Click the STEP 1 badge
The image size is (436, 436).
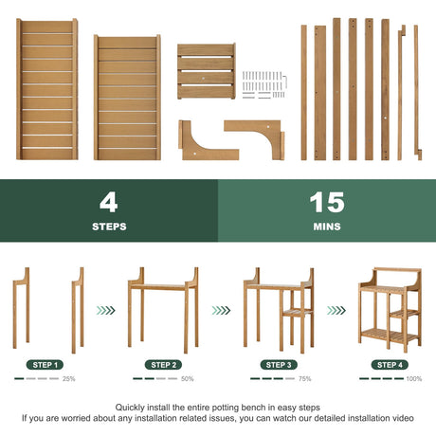click(x=45, y=365)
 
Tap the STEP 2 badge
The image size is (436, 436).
click(x=163, y=365)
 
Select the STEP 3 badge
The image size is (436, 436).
click(x=279, y=365)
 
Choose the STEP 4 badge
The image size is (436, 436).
click(x=390, y=365)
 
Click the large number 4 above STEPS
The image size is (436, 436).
click(x=109, y=203)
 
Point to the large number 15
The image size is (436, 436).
click(x=327, y=203)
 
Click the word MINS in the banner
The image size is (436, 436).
click(x=327, y=227)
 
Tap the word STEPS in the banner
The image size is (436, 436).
click(x=109, y=227)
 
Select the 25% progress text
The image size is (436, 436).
click(x=69, y=379)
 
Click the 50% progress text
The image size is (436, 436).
click(x=188, y=379)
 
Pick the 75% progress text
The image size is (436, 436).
click(x=305, y=379)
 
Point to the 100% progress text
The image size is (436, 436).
click(x=414, y=379)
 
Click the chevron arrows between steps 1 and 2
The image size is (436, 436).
click(x=106, y=311)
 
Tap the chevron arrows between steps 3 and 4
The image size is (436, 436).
click(x=336, y=311)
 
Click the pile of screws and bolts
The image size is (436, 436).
click(x=264, y=85)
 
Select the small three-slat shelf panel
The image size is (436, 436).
click(x=207, y=71)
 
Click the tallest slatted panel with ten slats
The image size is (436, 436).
click(x=47, y=89)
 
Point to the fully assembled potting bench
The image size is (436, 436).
click(x=390, y=310)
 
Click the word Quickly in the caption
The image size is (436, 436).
click(x=129, y=408)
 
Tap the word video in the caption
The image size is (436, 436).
click(x=403, y=418)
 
